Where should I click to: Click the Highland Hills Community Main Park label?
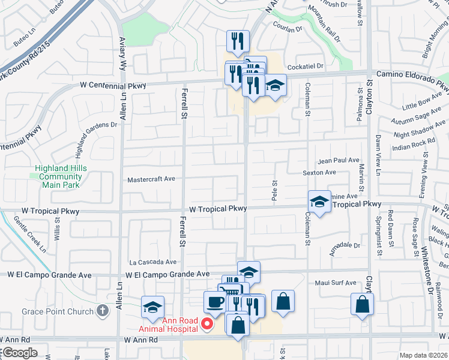pyautogui.click(x=58, y=176)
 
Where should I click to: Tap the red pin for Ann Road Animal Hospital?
pyautogui.click(x=207, y=325)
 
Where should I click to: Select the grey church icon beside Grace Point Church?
pyautogui.click(x=103, y=311)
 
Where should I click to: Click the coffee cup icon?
pyautogui.click(x=214, y=302)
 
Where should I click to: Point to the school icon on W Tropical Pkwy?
pyautogui.click(x=319, y=202)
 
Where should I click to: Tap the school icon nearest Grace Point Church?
pyautogui.click(x=152, y=307)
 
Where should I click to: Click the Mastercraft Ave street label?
pyautogui.click(x=151, y=179)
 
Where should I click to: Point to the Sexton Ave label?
pyautogui.click(x=336, y=172)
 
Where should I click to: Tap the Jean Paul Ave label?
pyautogui.click(x=338, y=161)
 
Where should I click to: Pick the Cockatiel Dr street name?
pyautogui.click(x=306, y=66)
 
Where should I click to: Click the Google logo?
pyautogui.click(x=19, y=353)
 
